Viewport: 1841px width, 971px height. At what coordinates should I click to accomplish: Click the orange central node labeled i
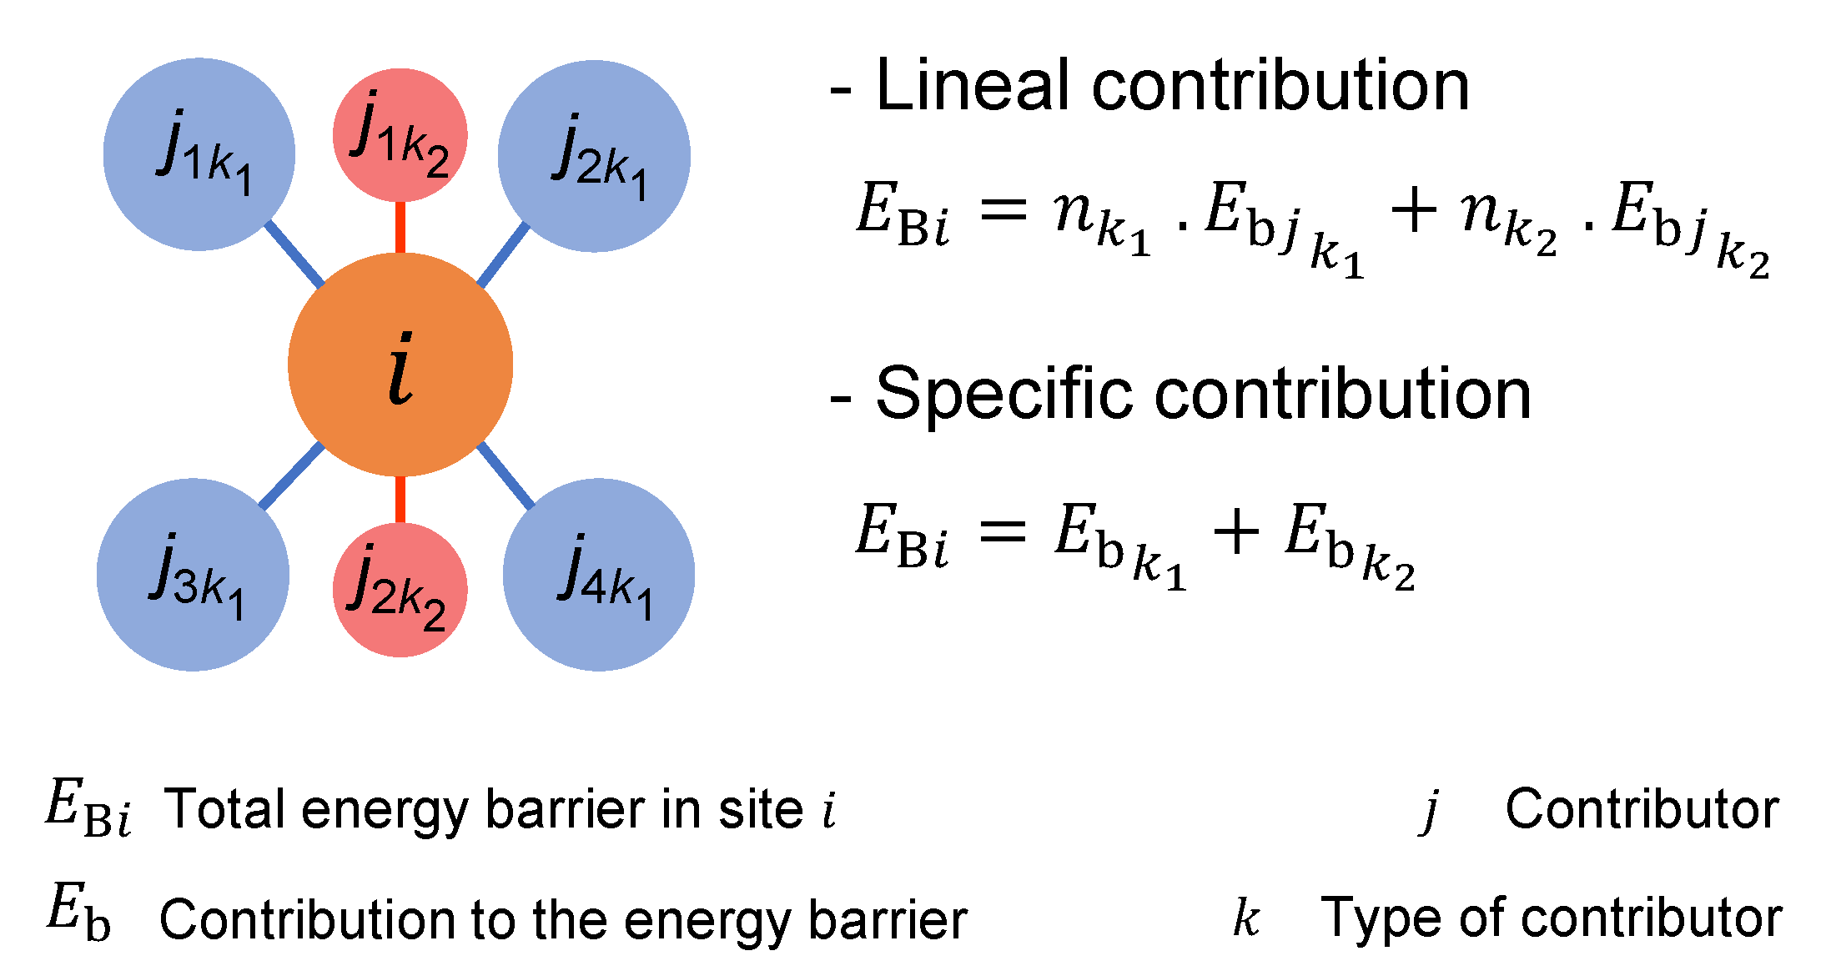400,365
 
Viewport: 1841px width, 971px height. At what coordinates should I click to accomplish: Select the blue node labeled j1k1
199,154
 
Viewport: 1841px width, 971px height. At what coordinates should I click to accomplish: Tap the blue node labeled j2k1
594,156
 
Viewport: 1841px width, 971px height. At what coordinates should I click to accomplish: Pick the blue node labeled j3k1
194,575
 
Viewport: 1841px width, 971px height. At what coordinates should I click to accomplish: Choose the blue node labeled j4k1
599,575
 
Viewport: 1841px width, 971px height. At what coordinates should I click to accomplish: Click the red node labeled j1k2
400,135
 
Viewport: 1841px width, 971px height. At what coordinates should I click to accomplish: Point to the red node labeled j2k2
400,590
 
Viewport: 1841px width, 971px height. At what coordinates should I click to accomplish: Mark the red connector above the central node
400,227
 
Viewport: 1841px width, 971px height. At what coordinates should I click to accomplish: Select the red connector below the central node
400,499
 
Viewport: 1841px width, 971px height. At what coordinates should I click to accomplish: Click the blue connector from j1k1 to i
294,254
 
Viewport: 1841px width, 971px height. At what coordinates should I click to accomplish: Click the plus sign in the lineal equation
1414,210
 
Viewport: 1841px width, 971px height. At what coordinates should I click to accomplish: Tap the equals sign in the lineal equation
1003,210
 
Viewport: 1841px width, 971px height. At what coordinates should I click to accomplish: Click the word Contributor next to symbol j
1642,809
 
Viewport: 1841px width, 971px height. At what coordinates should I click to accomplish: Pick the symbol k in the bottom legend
1246,918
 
